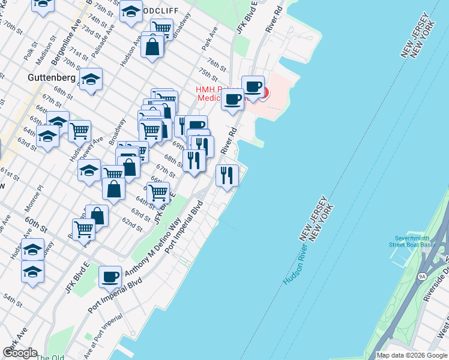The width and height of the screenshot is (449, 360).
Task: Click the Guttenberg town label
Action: click(x=51, y=78)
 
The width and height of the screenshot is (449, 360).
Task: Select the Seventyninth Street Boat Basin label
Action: click(x=415, y=241)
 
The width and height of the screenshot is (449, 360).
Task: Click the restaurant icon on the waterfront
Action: click(x=227, y=176)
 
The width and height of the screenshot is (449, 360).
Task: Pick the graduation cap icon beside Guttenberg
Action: click(x=91, y=79)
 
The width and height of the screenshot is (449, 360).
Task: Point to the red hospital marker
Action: click(x=263, y=94)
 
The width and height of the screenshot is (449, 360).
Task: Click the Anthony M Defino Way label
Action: click(x=153, y=249)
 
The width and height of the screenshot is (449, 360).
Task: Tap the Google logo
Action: click(x=19, y=353)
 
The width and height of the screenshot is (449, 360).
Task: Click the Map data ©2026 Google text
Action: click(x=411, y=355)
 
